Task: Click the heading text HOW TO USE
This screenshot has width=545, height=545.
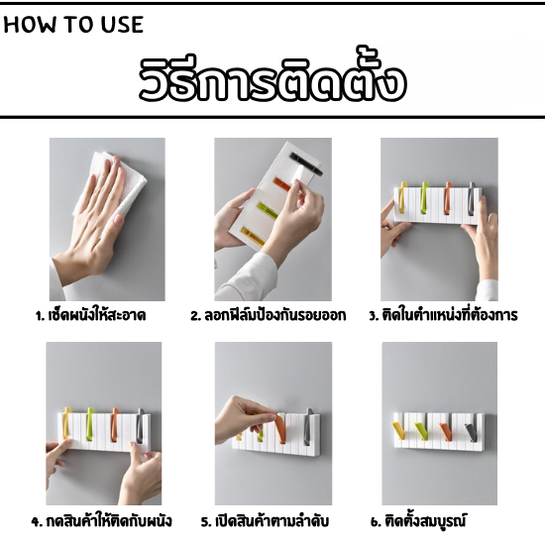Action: (73, 25)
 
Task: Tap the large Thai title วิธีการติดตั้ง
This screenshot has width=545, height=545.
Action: (272, 78)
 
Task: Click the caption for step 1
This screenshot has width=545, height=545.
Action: (90, 315)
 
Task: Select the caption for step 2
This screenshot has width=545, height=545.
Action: (268, 315)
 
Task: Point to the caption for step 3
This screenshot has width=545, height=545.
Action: (443, 314)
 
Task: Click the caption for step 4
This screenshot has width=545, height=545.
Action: (101, 520)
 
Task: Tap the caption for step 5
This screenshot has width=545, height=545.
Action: (265, 520)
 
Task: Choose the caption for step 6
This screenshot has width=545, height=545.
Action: (418, 520)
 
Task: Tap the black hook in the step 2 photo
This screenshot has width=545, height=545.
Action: (306, 163)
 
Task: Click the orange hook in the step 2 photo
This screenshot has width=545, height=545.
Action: (282, 184)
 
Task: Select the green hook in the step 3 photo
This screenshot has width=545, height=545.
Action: (424, 197)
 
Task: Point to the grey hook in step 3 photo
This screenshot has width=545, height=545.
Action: (472, 198)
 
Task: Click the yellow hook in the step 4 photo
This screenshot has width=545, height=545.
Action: (66, 423)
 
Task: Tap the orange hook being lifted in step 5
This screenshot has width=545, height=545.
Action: (279, 428)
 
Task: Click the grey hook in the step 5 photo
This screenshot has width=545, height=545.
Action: (308, 426)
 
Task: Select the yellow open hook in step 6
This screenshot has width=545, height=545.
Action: (398, 430)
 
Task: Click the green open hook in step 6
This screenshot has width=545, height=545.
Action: (421, 431)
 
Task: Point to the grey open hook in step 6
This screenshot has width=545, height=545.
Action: (471, 432)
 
